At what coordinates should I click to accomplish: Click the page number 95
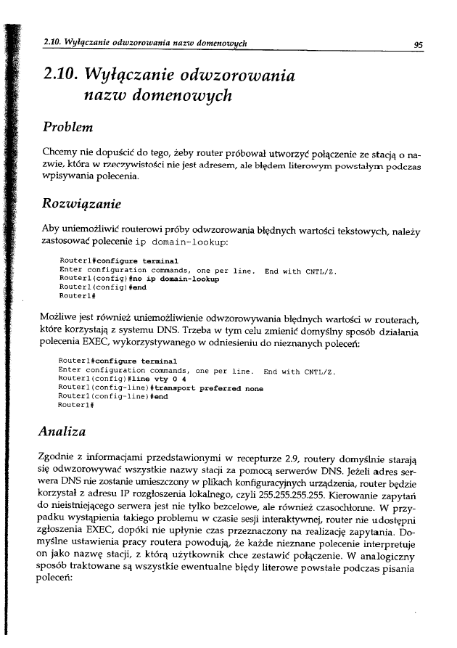point(418,44)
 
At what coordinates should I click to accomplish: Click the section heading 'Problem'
point(70,128)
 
